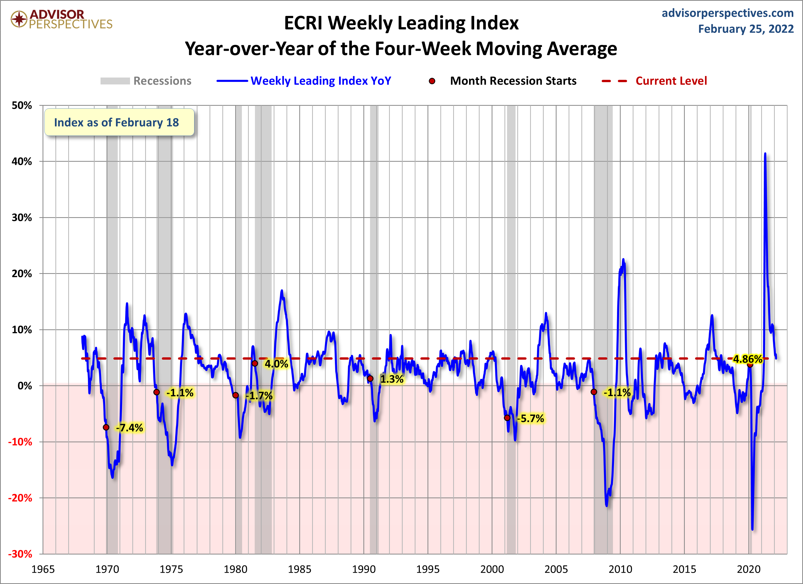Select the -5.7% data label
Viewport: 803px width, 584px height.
click(x=530, y=418)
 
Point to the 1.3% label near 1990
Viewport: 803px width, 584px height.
click(x=392, y=379)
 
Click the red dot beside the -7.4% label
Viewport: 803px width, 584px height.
click(x=106, y=427)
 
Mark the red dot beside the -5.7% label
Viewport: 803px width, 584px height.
click(x=507, y=418)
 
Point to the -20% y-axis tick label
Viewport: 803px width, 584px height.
click(x=20, y=498)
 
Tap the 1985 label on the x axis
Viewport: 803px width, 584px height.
click(x=300, y=569)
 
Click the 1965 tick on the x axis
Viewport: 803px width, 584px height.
click(x=43, y=569)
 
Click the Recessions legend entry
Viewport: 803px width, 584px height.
click(x=162, y=81)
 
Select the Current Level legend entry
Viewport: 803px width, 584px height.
click(x=671, y=81)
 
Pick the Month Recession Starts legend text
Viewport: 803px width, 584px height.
click(x=513, y=81)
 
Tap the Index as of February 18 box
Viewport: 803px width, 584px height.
click(x=119, y=122)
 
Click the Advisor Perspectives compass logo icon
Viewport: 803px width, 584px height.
click(x=19, y=19)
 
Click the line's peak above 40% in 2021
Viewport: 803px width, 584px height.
click(x=765, y=154)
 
